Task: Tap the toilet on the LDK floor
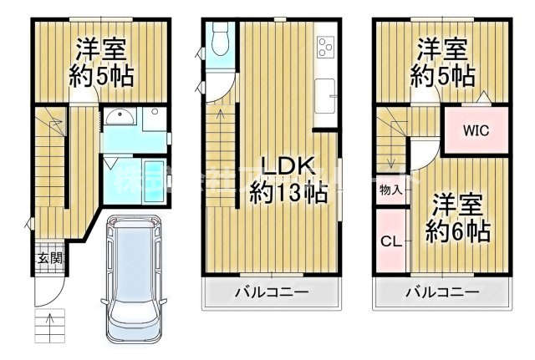click(221, 38)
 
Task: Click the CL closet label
click(390, 242)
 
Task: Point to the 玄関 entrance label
click(48, 257)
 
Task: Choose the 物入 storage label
click(390, 190)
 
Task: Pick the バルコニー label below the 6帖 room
click(442, 292)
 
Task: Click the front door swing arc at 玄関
click(49, 289)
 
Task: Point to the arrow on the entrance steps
click(48, 321)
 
